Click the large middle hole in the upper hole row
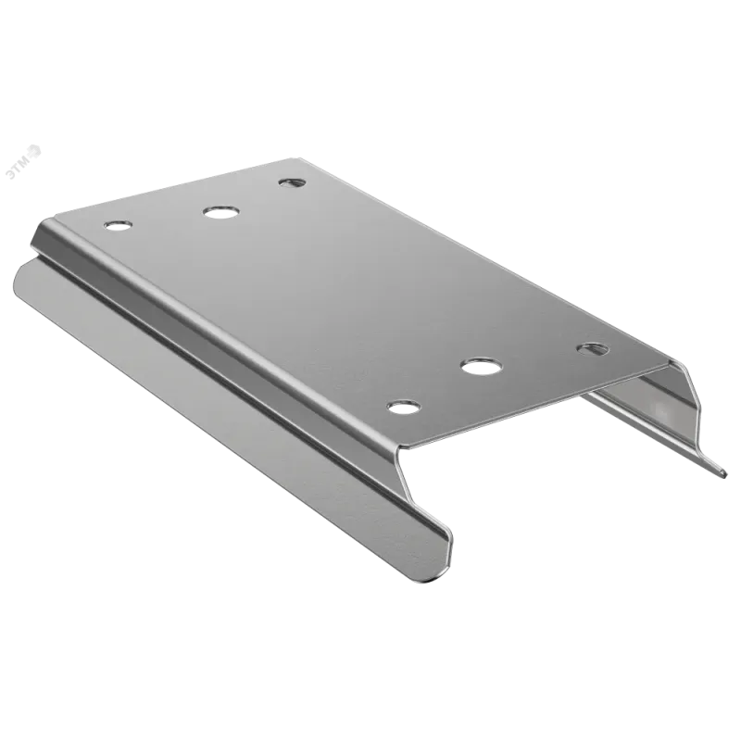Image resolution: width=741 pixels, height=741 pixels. pos(221,212)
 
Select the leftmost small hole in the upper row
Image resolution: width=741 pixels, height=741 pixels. pos(119,226)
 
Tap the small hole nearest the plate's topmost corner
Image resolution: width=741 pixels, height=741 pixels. pos(292,182)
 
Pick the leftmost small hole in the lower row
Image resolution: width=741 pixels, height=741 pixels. pos(404,407)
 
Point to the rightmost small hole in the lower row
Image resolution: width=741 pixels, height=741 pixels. pos(594,350)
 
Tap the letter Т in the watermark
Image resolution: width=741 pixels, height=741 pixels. pos(18,169)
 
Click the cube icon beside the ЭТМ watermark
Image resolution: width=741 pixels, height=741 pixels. pos(35,151)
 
